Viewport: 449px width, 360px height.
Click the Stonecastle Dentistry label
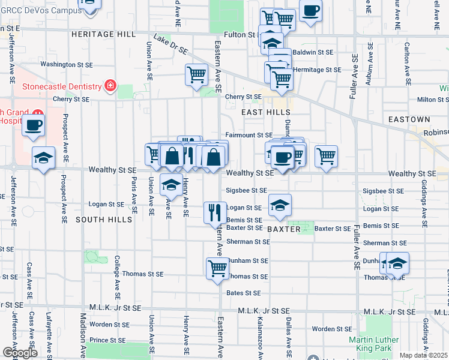tap(61, 86)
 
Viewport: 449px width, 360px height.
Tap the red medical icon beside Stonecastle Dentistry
tap(110, 86)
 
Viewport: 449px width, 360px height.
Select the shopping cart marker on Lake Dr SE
tap(196, 75)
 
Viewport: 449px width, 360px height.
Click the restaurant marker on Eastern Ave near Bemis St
tap(215, 212)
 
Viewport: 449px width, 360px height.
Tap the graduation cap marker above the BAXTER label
tap(280, 205)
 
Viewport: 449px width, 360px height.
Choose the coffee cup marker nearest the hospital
tap(33, 125)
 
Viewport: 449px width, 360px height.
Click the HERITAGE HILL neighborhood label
tap(104, 34)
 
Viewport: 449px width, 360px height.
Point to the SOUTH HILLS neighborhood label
tap(104, 220)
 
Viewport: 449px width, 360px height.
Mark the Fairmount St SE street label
tap(249, 135)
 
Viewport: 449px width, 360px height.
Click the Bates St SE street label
tap(244, 293)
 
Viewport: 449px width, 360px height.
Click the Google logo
tap(19, 353)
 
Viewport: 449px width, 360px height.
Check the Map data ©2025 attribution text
tap(423, 355)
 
